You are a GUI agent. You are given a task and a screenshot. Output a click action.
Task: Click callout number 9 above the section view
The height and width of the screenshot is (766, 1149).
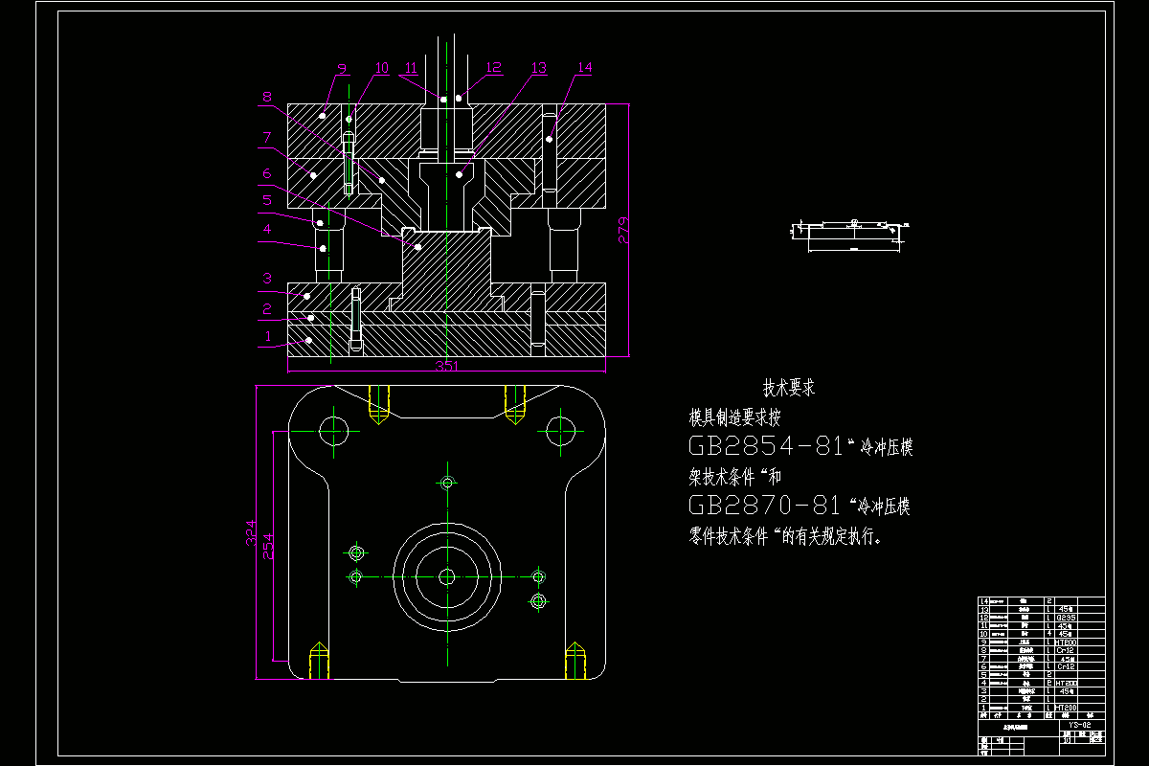pyautogui.click(x=342, y=70)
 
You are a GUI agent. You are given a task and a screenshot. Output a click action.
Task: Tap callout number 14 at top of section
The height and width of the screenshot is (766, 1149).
pyautogui.click(x=584, y=68)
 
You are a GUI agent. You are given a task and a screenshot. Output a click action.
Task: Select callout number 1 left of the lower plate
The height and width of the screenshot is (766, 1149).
pyautogui.click(x=268, y=336)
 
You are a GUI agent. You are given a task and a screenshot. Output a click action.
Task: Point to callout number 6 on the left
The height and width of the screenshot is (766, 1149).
pyautogui.click(x=268, y=173)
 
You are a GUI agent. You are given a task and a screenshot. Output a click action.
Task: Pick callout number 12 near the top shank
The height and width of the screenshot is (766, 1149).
pyautogui.click(x=494, y=68)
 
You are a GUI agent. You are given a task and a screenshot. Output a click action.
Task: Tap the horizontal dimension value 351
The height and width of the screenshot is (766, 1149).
pyautogui.click(x=446, y=366)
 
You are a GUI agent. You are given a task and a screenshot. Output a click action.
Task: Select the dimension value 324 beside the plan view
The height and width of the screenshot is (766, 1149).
pyautogui.click(x=250, y=532)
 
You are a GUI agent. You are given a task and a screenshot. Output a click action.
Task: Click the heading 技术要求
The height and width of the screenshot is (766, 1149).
pyautogui.click(x=788, y=389)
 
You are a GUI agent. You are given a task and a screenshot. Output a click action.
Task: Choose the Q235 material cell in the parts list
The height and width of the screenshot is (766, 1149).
pyautogui.click(x=1065, y=617)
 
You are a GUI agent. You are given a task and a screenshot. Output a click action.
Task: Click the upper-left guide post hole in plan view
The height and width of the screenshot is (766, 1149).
pyautogui.click(x=335, y=430)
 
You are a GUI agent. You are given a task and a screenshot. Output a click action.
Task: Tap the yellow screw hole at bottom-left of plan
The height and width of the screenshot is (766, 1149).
pyautogui.click(x=319, y=660)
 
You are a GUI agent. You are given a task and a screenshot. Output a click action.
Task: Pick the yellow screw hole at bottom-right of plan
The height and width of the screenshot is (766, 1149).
pyautogui.click(x=574, y=660)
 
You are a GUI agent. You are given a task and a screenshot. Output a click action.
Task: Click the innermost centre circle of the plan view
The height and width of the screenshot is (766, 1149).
pyautogui.click(x=446, y=576)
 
